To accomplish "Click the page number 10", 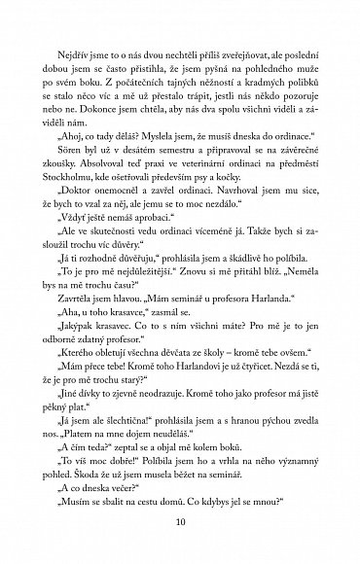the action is (180, 526).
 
